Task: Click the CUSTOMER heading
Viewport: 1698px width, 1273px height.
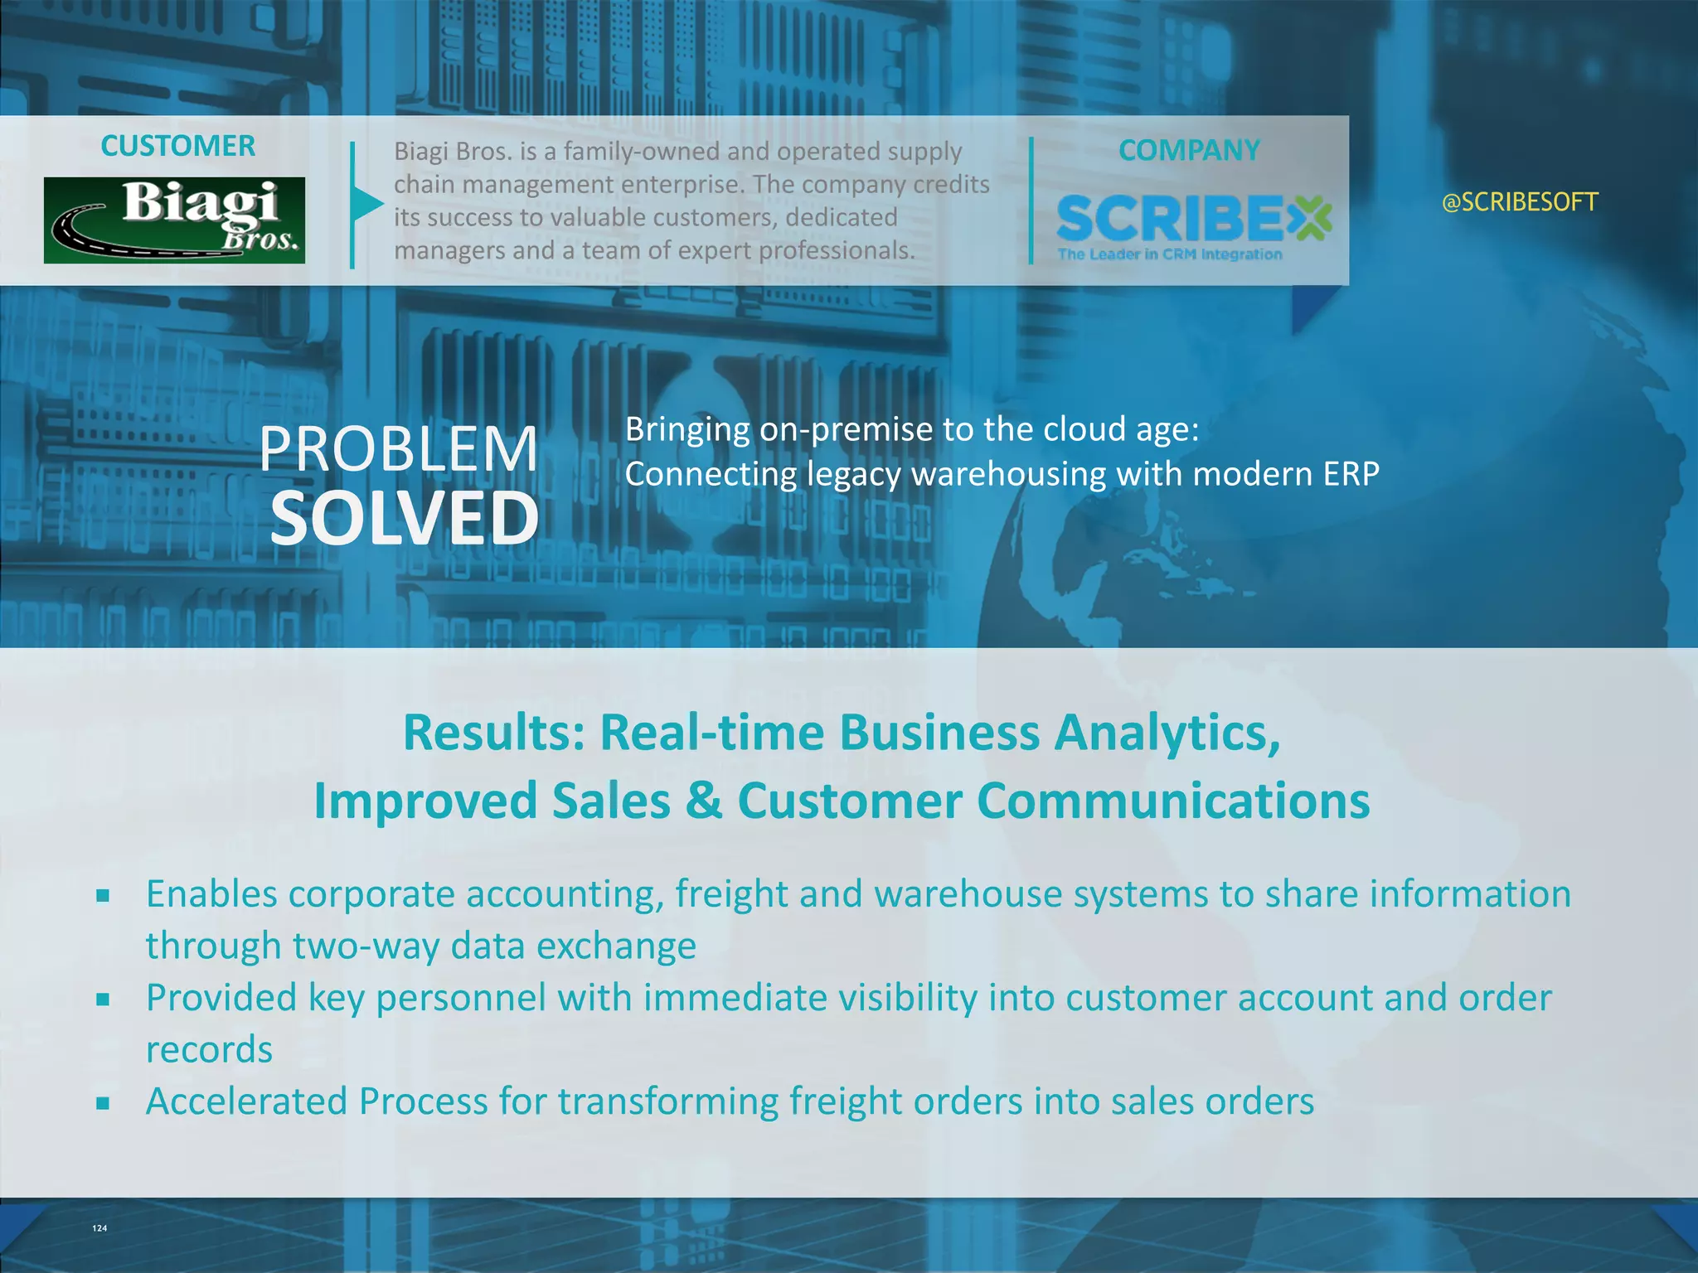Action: tap(177, 146)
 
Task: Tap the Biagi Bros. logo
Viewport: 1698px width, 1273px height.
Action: tap(174, 220)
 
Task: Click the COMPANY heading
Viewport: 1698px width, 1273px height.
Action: tap(1188, 150)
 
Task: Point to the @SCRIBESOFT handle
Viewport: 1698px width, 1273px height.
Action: tap(1520, 202)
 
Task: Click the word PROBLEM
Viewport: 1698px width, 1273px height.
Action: tap(399, 449)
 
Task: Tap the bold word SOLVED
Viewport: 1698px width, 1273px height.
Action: tap(405, 518)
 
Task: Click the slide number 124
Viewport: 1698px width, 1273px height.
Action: tap(99, 1228)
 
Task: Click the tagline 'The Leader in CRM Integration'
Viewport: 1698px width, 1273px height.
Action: tap(1169, 254)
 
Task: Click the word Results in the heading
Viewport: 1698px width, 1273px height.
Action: tap(494, 733)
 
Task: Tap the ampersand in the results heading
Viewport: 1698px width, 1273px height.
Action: tap(704, 801)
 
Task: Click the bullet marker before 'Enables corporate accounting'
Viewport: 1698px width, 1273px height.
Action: tap(103, 895)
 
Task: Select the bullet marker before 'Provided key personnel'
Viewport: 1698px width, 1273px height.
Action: tap(103, 999)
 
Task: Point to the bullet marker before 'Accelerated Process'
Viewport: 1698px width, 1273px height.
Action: tap(103, 1103)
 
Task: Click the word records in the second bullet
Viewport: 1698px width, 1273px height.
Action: tap(209, 1050)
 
